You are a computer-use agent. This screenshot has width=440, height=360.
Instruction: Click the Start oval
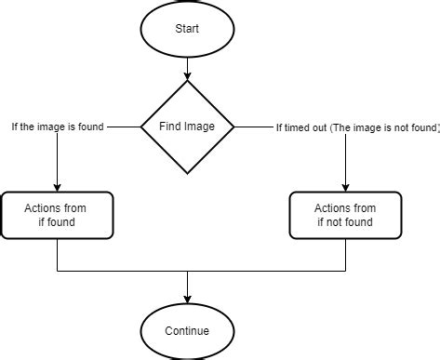[188, 28]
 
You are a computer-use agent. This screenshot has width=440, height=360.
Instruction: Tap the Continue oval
[188, 330]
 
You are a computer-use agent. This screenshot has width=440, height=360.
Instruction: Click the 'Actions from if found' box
[58, 216]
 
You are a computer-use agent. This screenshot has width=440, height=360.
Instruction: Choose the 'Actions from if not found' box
[345, 216]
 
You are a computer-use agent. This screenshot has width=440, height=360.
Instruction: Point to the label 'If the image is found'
[58, 126]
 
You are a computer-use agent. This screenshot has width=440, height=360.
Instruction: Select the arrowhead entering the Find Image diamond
[188, 76]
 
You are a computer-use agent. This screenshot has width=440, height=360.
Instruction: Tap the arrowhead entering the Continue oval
[188, 299]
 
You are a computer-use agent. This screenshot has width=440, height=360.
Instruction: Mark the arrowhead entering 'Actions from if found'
[58, 187]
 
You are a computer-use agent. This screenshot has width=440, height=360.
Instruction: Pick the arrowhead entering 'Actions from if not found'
[345, 187]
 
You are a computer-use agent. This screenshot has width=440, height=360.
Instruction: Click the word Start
[188, 28]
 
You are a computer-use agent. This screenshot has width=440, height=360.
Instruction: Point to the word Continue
[188, 330]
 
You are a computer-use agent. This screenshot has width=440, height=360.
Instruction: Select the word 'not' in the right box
[337, 222]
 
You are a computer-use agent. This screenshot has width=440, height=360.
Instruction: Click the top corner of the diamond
[188, 81]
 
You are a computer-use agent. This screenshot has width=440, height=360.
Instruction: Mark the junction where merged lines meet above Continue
[188, 272]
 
